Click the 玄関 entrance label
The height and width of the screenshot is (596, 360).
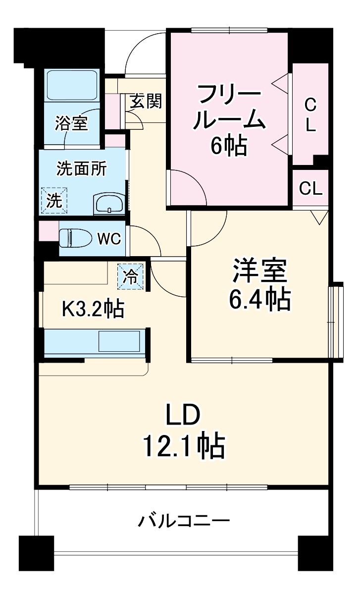click(146, 102)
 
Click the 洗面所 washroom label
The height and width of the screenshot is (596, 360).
click(81, 169)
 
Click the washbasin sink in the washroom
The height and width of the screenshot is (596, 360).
click(109, 203)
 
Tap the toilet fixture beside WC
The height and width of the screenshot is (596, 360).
click(75, 238)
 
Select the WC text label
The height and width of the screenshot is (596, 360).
click(108, 238)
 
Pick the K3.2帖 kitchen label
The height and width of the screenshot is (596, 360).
click(93, 310)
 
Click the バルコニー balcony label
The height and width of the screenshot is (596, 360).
click(184, 522)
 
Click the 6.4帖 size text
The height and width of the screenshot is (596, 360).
click(258, 299)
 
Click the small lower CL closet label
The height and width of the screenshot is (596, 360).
click(310, 188)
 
